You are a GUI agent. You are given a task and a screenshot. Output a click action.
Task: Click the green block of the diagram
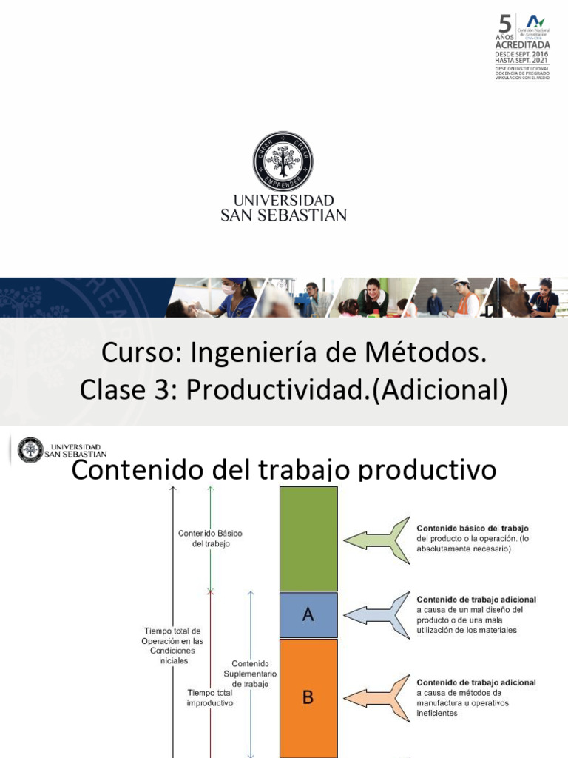pyautogui.click(x=308, y=538)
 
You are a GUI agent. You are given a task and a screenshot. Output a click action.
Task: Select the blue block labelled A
pyautogui.click(x=308, y=615)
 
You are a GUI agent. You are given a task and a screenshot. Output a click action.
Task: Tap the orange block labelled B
pyautogui.click(x=308, y=697)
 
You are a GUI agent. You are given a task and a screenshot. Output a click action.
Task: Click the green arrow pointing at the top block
pyautogui.click(x=377, y=540)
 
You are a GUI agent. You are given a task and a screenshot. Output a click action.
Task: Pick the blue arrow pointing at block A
pyautogui.click(x=377, y=614)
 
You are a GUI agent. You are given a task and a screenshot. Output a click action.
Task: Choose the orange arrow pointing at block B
pyautogui.click(x=377, y=697)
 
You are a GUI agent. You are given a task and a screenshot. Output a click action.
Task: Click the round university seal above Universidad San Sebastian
pyautogui.click(x=283, y=161)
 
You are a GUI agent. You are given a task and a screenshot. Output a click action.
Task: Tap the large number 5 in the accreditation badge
pyautogui.click(x=506, y=24)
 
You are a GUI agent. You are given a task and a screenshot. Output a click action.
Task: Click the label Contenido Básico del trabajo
pyautogui.click(x=210, y=538)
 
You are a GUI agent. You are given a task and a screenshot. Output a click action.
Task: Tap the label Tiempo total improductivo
pyautogui.click(x=210, y=697)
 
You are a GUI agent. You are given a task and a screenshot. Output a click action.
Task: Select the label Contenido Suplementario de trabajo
pyautogui.click(x=250, y=674)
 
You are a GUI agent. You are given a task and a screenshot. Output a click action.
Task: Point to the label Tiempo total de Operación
pyautogui.click(x=173, y=645)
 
